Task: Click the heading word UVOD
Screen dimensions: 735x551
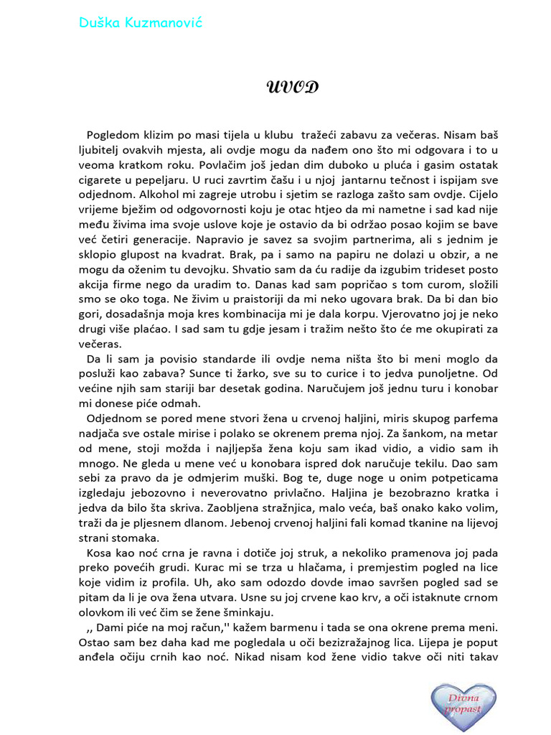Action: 292,88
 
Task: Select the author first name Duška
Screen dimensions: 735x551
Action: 97,23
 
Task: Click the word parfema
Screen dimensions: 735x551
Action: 471,418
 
